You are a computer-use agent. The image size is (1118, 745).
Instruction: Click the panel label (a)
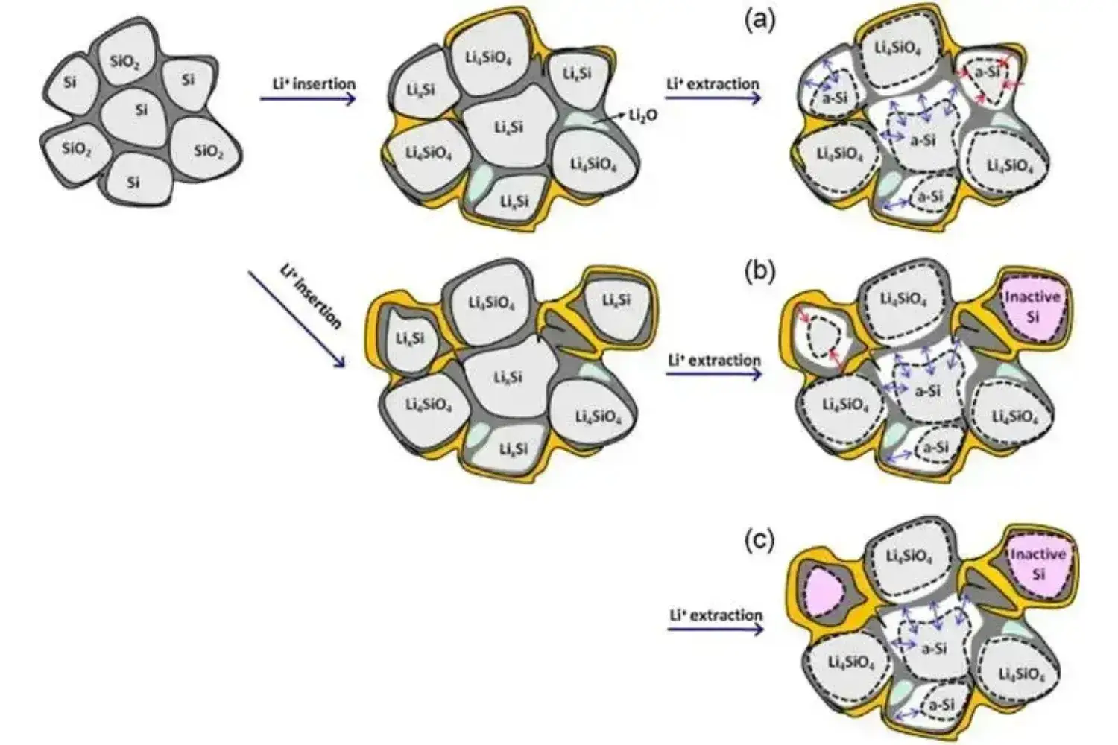coord(759,20)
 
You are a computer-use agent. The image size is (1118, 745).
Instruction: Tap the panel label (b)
coord(759,271)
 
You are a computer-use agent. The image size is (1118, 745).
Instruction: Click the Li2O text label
coord(643,115)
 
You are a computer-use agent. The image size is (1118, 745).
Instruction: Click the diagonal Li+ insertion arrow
coord(296,318)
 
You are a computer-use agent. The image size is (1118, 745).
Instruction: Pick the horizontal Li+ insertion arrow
coord(308,98)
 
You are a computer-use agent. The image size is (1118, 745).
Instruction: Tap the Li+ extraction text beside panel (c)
coord(716,615)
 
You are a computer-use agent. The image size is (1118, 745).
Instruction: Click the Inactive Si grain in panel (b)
coord(1032,306)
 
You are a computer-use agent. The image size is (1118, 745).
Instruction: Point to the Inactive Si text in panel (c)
coord(1038,563)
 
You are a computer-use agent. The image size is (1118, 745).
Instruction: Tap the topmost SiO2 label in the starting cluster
coord(124,62)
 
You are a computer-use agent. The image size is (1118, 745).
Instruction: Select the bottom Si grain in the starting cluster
coord(133,181)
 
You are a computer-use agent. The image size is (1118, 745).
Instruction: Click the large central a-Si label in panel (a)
coord(923,140)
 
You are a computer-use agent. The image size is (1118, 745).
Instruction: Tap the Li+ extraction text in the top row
coord(713,83)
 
